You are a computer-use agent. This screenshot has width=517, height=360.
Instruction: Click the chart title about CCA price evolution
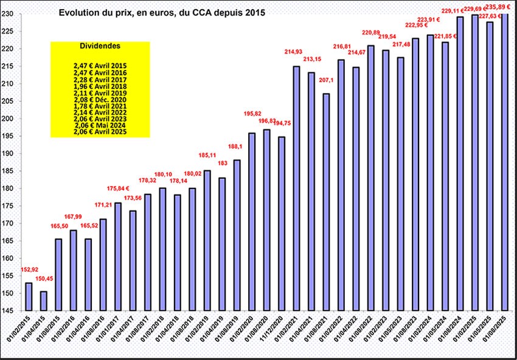(x=162, y=12)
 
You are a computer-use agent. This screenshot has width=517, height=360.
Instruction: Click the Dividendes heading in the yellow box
(x=100, y=46)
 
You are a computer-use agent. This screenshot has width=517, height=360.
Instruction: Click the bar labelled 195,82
(x=252, y=222)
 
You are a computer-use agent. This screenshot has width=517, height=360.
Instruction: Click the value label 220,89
(x=371, y=32)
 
